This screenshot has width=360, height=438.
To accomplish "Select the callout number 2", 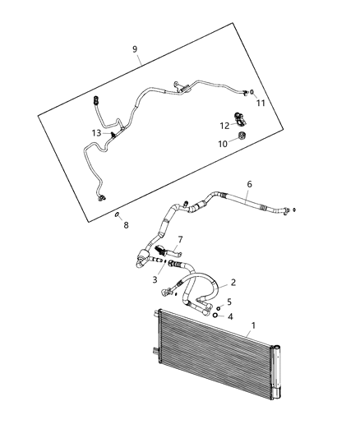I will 233,283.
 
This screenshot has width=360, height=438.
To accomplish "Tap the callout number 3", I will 154,280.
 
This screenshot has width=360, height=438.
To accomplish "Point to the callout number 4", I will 229,316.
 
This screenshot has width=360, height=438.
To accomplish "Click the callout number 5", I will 229,302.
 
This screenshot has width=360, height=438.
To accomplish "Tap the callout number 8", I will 126,224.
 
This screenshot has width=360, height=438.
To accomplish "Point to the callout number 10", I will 221,144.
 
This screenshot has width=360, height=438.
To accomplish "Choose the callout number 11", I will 260,104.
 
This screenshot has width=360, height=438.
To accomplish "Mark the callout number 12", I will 224,126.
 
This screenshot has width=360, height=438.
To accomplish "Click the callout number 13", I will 97,133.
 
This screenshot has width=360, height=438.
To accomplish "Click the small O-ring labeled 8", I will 118,214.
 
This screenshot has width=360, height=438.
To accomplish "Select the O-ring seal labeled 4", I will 215,314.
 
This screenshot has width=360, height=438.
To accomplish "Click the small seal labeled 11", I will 252,93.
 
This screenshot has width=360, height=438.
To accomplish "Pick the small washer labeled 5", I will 219,307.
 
